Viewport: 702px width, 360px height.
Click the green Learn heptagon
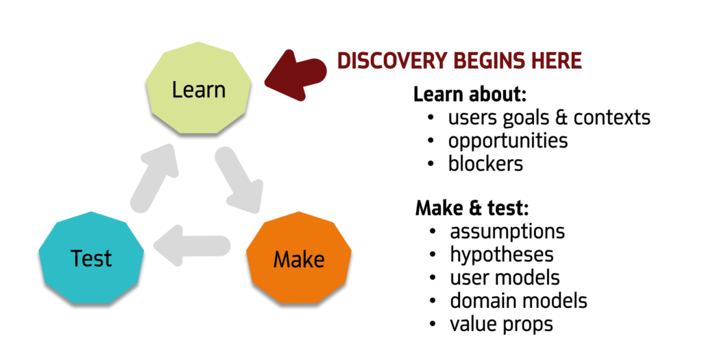(199, 89)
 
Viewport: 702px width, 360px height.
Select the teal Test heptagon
(91, 259)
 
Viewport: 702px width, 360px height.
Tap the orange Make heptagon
(299, 259)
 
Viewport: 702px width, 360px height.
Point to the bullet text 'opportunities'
(508, 141)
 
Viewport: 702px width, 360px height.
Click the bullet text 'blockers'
(485, 164)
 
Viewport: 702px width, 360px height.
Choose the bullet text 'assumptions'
(507, 231)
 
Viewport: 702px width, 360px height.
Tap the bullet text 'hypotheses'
(502, 254)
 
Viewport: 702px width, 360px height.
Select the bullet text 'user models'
(505, 277)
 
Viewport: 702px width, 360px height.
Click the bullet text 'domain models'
(518, 300)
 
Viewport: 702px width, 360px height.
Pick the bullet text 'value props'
(501, 323)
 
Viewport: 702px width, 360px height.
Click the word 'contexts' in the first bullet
(612, 117)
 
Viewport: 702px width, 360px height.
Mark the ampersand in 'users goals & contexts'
(560, 117)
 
